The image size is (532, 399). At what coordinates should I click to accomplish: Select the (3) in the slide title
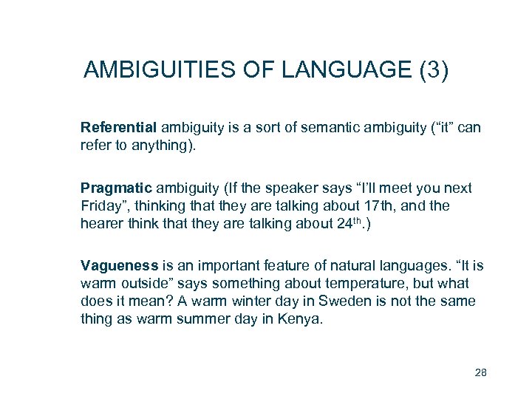coord(433,70)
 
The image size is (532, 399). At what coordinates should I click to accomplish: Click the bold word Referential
coord(119,128)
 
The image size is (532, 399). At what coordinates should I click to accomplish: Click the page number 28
coord(480,372)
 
